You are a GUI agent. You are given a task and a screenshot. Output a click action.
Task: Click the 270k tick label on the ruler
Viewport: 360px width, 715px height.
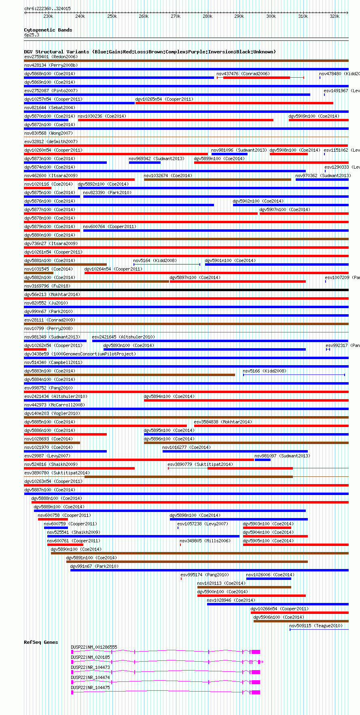click(x=176, y=17)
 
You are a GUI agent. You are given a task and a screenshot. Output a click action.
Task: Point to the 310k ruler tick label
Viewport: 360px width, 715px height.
click(x=303, y=17)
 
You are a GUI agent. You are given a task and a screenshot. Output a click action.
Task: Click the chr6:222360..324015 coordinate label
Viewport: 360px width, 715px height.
click(x=47, y=8)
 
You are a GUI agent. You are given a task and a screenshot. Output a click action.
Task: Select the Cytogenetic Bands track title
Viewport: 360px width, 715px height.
click(x=48, y=30)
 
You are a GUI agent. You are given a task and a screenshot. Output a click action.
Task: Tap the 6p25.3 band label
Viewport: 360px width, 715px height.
click(x=32, y=35)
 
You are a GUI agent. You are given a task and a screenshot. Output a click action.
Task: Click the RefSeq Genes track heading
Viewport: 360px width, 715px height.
click(x=41, y=642)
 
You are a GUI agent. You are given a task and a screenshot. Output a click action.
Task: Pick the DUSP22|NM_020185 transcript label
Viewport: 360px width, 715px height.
click(x=90, y=657)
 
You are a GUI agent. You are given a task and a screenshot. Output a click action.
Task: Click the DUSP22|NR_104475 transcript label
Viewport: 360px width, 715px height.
click(x=90, y=687)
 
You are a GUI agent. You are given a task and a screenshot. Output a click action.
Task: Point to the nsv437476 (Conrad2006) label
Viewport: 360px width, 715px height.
click(x=243, y=74)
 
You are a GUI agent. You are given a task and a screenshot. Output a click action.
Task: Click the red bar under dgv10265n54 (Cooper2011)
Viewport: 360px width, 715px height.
click(x=234, y=103)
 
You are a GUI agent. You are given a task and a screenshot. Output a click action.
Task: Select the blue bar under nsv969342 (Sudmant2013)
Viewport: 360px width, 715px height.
click(x=144, y=163)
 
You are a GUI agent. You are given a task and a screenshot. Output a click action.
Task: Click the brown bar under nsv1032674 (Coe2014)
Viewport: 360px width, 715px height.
click(x=217, y=180)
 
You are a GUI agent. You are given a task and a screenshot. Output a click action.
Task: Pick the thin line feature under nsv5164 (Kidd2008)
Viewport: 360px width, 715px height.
click(x=167, y=264)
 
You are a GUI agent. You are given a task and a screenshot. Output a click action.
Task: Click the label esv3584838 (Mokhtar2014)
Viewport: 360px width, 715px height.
click(x=223, y=422)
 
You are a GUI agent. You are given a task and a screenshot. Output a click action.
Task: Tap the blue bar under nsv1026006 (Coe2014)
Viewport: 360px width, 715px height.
click(x=269, y=579)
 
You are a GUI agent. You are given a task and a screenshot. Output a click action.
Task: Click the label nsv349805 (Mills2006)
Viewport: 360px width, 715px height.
click(x=205, y=541)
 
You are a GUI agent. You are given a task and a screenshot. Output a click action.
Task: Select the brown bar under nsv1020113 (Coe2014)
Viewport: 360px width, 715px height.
click(x=244, y=587)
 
